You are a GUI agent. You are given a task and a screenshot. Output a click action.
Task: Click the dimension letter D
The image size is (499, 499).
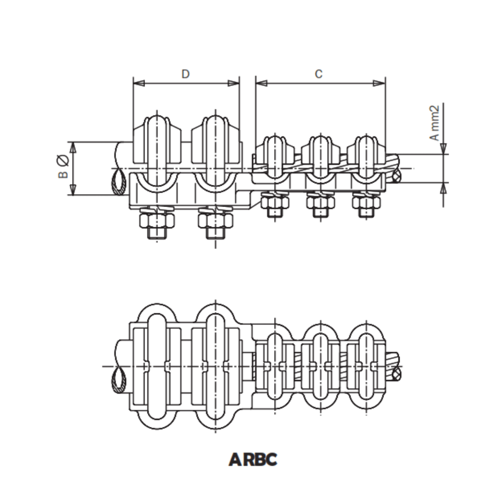coord(185,74)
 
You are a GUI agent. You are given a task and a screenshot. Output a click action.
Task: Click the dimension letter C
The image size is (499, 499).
coord(318,74)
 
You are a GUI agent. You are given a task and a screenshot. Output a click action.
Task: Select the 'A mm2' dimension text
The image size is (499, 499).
coord(434,123)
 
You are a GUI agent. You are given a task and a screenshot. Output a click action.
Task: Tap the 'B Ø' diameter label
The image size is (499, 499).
coord(63,167)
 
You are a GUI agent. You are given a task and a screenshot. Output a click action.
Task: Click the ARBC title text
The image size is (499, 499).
coord(253,459)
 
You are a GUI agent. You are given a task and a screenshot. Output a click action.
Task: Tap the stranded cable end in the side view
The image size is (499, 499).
coord(396,176)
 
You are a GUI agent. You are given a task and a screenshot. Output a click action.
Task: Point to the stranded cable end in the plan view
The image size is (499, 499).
coord(395,372)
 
